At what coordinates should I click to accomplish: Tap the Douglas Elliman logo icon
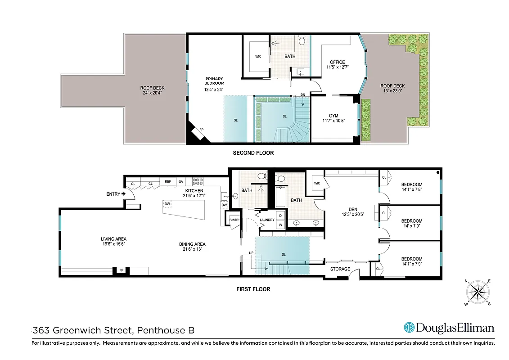point(409,328)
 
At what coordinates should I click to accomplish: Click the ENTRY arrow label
point(114,194)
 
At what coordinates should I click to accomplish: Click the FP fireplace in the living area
point(121,270)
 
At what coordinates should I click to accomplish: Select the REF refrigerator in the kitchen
point(168,182)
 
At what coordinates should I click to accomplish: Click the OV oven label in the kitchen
point(181,182)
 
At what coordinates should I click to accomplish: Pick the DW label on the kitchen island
point(167,204)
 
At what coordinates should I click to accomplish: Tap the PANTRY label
point(234,220)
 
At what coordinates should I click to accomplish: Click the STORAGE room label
point(340,269)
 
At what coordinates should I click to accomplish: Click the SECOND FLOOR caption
point(253,153)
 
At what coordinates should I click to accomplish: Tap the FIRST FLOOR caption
point(253,289)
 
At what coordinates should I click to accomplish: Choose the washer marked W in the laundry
point(280,224)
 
